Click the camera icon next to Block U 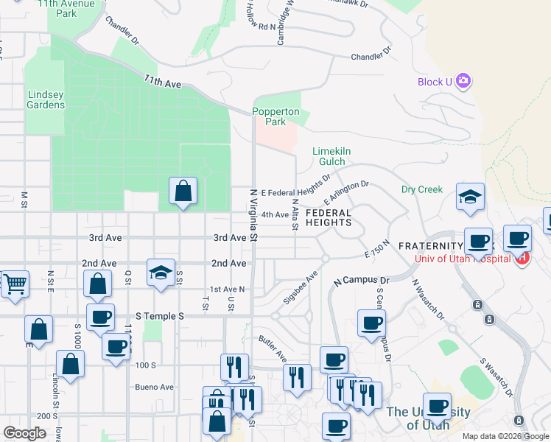point(463,81)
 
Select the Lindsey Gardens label point(46,99)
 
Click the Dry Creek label point(421,189)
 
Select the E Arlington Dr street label point(345,194)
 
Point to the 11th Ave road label point(163,82)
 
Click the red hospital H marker point(523,258)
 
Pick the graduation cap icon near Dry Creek point(470,197)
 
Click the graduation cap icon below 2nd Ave point(161,273)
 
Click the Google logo point(24,432)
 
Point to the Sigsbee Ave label point(301,287)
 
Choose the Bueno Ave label point(154,387)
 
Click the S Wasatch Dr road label point(494,376)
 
